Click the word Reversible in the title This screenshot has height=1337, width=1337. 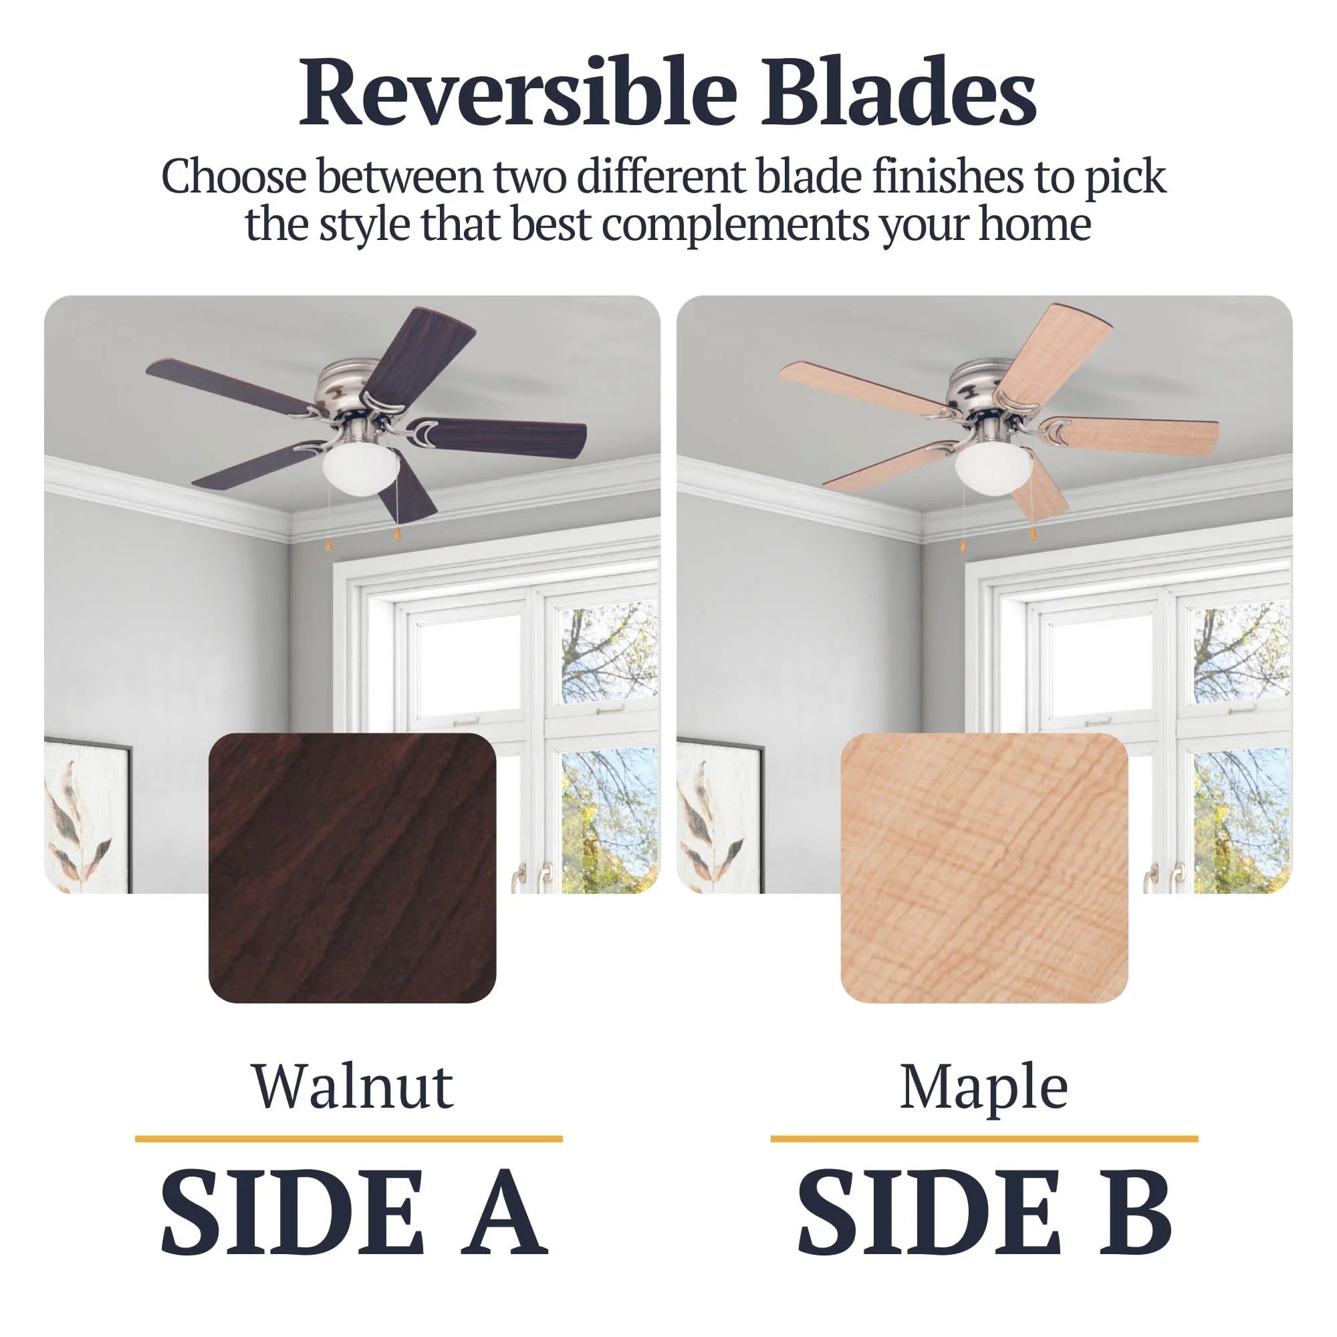(x=518, y=92)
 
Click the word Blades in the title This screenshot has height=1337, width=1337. (x=899, y=92)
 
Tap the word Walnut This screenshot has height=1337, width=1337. (x=353, y=1087)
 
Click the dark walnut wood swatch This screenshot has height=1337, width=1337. (x=352, y=868)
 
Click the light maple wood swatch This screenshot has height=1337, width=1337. (x=984, y=868)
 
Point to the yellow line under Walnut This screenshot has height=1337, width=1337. (x=349, y=1138)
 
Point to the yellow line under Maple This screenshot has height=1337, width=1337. (x=984, y=1138)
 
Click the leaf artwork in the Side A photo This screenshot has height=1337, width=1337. (x=86, y=817)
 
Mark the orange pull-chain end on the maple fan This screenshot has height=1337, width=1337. (x=1033, y=533)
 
